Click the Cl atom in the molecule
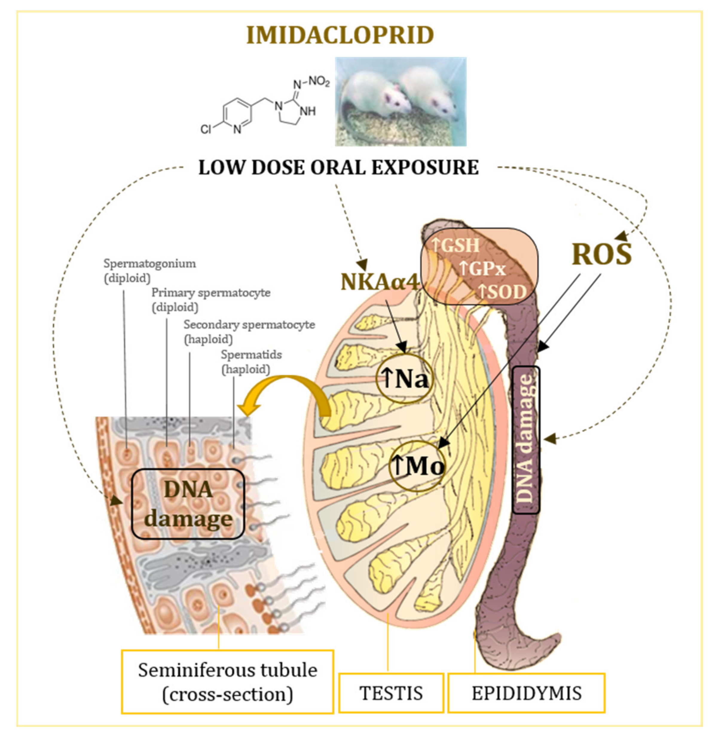click(x=206, y=129)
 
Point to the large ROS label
click(x=601, y=254)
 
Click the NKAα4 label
click(x=380, y=282)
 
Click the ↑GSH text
click(x=455, y=245)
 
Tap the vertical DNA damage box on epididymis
click(x=526, y=440)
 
